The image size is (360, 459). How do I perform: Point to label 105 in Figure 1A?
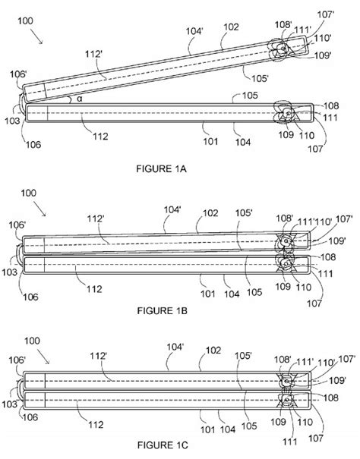tap(251, 96)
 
